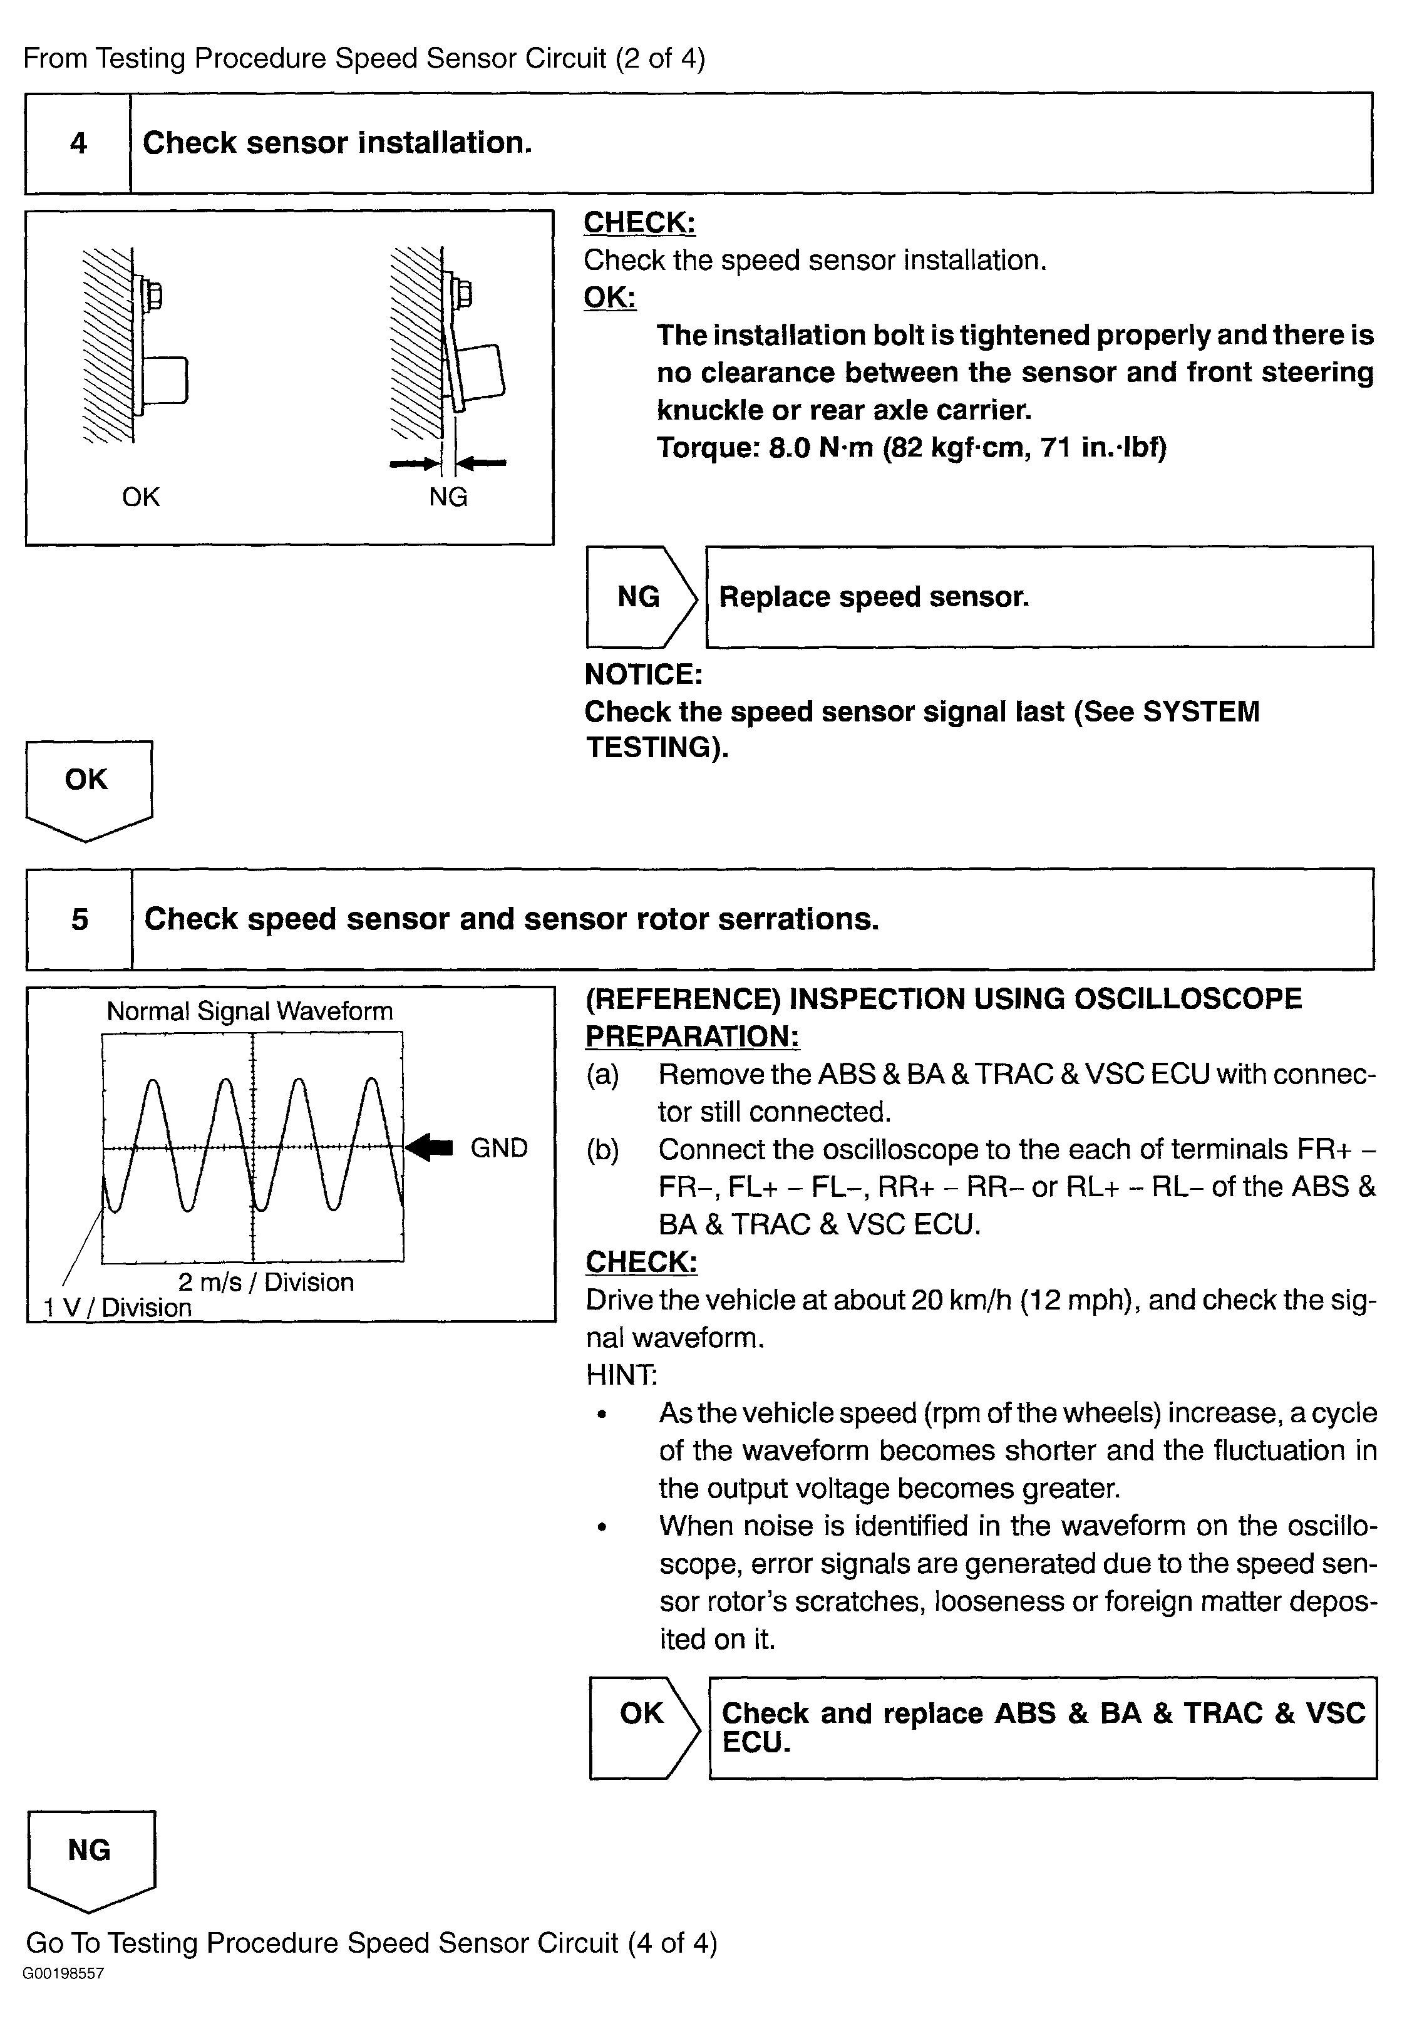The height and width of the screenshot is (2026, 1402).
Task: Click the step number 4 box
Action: coord(78,143)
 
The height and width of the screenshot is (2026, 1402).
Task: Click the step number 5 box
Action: coord(80,919)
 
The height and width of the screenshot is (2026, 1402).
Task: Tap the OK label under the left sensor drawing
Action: coord(140,497)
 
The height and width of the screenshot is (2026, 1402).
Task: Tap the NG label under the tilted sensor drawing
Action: coord(448,497)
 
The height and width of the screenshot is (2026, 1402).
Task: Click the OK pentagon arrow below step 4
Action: coord(87,785)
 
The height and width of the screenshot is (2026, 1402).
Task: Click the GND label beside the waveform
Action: coord(499,1149)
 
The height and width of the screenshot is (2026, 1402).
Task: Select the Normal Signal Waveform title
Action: coord(249,1011)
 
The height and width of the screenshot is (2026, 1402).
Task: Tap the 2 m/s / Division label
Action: coord(265,1282)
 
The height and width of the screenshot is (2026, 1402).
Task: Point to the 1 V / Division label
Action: coord(118,1307)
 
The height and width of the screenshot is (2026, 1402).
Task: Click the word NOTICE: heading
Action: coord(643,674)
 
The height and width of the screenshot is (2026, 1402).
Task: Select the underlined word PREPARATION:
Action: coord(692,1036)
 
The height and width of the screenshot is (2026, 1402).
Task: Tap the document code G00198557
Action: coord(63,1973)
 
